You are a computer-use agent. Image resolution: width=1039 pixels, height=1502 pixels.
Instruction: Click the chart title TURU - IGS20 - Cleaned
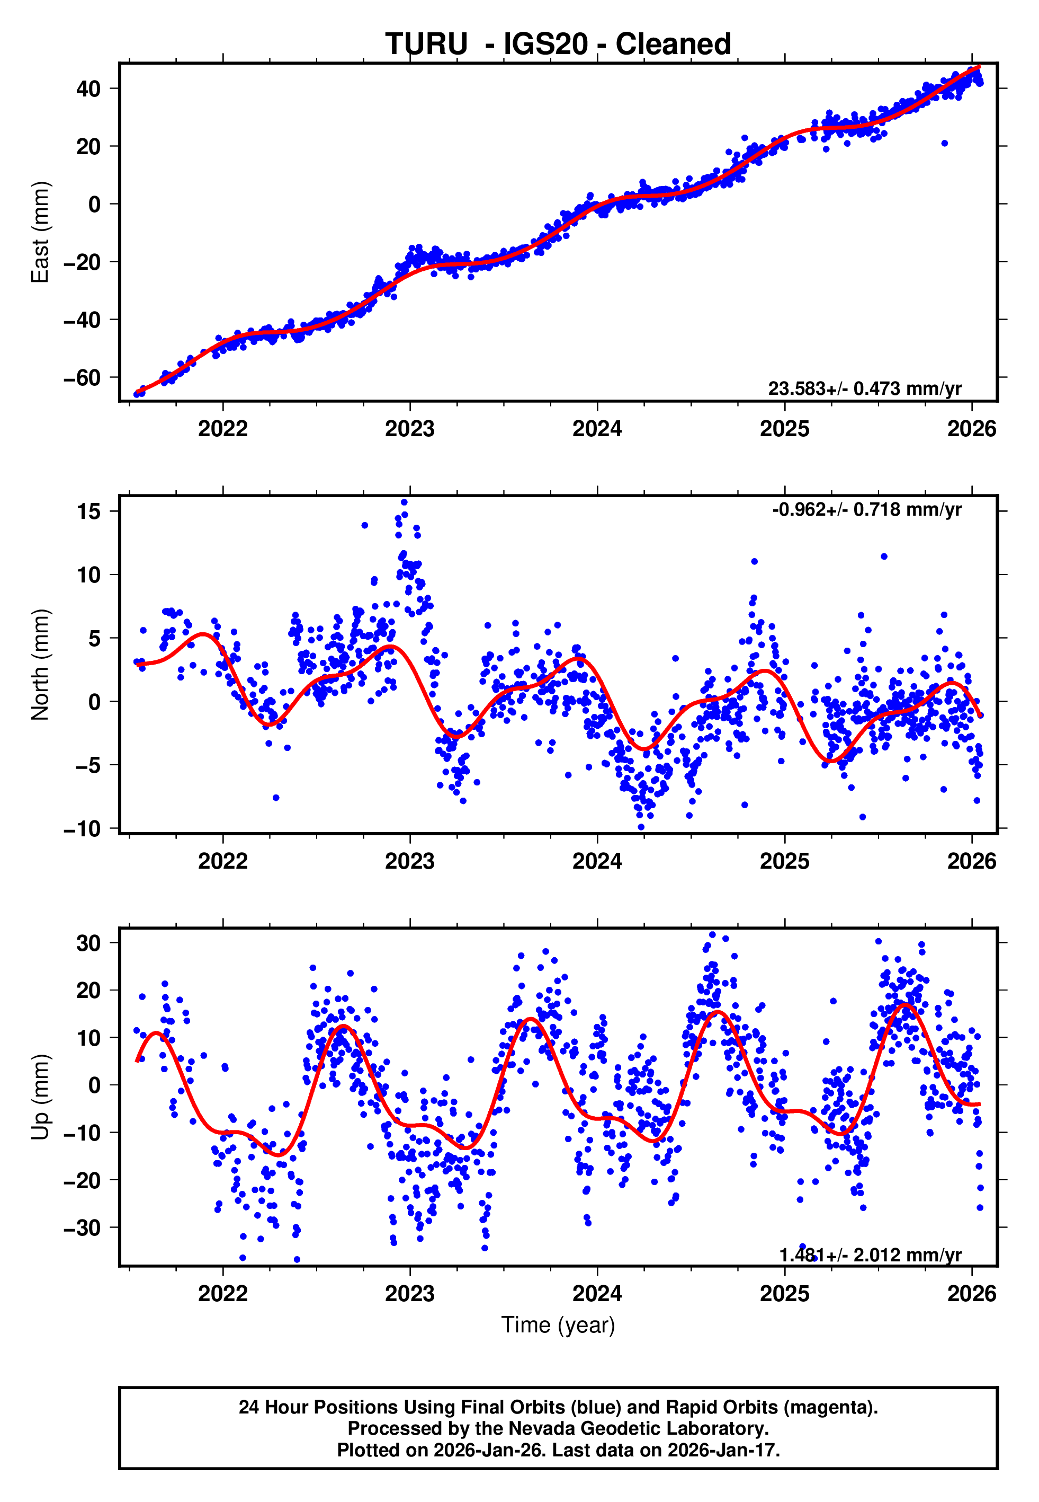[558, 45]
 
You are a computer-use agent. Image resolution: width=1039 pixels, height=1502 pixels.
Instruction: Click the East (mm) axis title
[40, 233]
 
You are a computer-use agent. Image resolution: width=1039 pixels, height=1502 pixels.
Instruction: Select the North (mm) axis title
[40, 665]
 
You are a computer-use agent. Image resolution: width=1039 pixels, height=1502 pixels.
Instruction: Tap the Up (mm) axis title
[40, 1097]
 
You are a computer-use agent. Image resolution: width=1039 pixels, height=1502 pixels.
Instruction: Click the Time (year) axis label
[558, 1325]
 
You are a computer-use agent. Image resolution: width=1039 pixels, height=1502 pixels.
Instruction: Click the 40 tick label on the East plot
[88, 89]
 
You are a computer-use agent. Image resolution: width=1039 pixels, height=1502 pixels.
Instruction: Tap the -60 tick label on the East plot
[82, 378]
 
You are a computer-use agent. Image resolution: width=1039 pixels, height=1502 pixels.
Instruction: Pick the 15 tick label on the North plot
[88, 511]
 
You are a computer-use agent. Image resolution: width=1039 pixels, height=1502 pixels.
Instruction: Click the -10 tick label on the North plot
[82, 828]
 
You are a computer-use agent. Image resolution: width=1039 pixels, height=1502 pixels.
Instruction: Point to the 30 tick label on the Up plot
[88, 943]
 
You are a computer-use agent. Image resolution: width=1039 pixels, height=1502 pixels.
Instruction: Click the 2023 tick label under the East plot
[409, 429]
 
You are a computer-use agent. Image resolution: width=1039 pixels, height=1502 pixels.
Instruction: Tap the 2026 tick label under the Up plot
[971, 1294]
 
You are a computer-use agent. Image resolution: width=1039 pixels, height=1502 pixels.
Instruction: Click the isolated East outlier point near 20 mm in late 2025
[944, 143]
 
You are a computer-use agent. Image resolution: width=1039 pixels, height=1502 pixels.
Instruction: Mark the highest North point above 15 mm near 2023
[404, 503]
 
